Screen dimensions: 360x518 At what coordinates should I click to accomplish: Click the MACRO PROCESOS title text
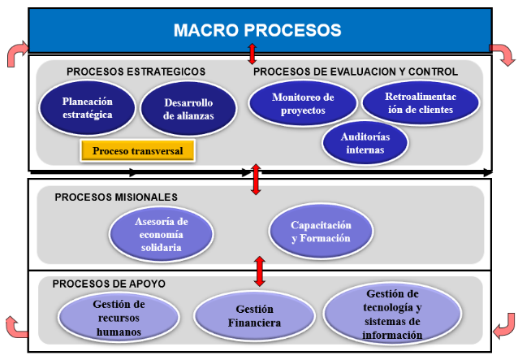coord(257,31)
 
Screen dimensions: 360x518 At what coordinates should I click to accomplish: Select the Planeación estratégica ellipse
coord(88,109)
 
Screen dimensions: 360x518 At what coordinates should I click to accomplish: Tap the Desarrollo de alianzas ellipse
coord(188,110)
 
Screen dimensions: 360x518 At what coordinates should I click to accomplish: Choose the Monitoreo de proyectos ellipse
coord(303,103)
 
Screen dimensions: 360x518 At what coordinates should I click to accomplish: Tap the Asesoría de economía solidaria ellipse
coord(162,234)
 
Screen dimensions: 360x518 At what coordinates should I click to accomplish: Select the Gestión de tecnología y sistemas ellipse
coord(393,314)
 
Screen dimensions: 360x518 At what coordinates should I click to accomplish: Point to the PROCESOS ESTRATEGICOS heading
coord(136,72)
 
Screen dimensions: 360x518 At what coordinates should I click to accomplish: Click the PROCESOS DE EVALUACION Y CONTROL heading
coord(356,72)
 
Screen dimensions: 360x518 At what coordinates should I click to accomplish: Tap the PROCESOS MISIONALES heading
coord(116,197)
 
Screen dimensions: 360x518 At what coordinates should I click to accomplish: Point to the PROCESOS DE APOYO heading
coord(109,284)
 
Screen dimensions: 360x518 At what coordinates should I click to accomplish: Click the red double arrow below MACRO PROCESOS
coord(253,54)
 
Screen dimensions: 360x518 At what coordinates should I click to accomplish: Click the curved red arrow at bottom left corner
coord(15,326)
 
